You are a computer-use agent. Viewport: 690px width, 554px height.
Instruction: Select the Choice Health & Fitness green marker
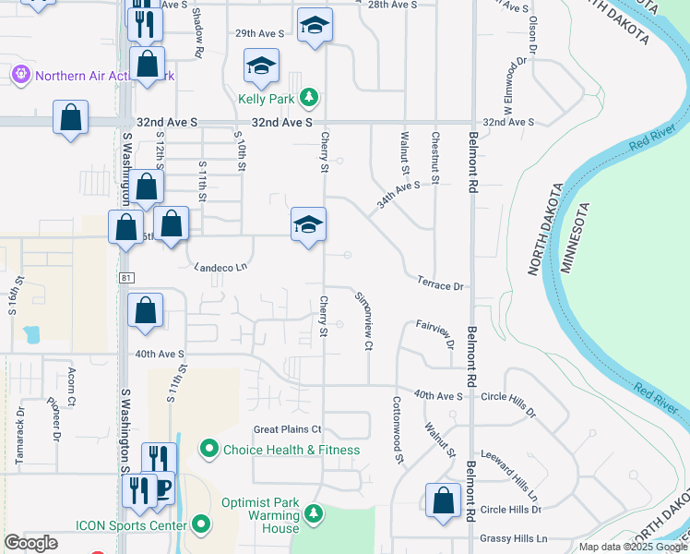point(209,450)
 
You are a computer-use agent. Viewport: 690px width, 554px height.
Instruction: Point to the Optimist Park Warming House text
point(260,515)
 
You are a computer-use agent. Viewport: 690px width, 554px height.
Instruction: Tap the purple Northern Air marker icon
point(20,74)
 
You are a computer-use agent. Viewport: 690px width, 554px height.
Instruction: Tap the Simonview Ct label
point(363,320)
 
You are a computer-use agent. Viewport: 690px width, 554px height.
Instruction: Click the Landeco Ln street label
point(221,268)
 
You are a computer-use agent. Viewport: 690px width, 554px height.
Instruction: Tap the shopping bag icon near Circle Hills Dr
point(443,500)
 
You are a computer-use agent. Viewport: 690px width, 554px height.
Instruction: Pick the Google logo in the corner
point(31,543)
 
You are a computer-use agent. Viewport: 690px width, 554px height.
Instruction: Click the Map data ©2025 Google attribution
point(632,547)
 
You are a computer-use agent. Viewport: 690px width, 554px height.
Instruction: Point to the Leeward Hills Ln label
point(509,477)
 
